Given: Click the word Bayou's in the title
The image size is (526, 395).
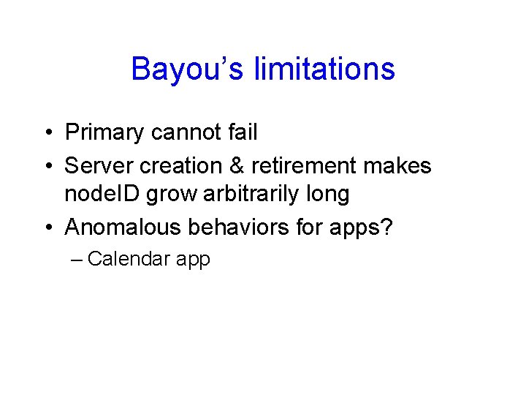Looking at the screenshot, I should [x=188, y=69].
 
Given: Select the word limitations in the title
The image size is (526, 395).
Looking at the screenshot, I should [x=324, y=69].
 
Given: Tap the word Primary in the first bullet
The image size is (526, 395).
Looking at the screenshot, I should [x=104, y=133].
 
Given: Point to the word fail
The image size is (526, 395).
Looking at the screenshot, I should [x=243, y=132].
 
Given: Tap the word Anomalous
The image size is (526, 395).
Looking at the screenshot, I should [x=121, y=227].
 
